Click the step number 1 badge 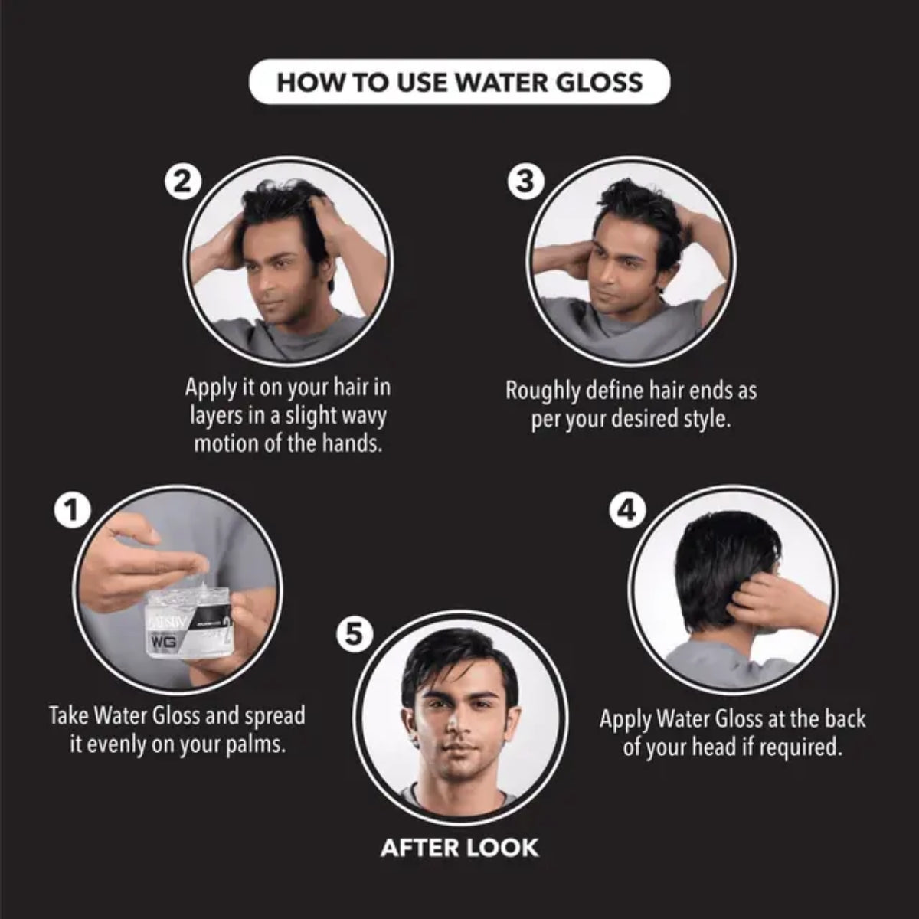[72, 511]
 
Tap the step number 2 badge [183, 182]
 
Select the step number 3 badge [525, 182]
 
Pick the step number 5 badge [354, 635]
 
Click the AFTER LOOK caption [459, 848]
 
